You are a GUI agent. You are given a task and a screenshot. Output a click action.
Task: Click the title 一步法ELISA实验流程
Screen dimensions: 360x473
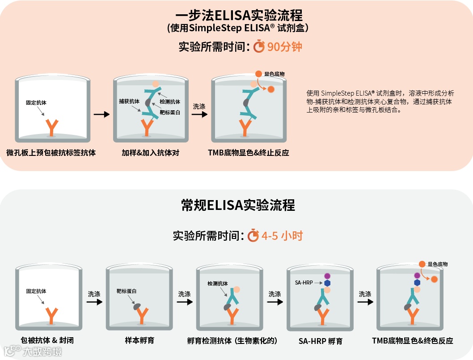pos(236,16)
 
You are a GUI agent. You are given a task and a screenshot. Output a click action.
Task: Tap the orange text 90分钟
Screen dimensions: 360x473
pos(285,46)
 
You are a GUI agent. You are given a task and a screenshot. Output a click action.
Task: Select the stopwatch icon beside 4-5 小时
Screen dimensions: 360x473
pos(253,235)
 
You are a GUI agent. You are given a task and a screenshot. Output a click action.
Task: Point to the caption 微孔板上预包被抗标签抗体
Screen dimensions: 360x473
pos(51,153)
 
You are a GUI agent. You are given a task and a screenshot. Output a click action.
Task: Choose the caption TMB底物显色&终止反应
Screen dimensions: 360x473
pos(249,153)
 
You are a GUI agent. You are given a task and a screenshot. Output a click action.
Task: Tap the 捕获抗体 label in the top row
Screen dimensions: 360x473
pos(129,101)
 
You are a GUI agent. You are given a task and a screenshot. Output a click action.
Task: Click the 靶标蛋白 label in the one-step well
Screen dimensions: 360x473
pos(170,113)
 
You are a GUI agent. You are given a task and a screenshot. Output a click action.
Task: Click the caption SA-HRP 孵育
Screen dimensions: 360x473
pos(321,341)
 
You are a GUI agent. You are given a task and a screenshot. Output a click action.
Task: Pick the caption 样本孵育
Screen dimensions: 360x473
pos(140,341)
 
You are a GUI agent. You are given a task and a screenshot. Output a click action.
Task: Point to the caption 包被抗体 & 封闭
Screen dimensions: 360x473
pos(47,341)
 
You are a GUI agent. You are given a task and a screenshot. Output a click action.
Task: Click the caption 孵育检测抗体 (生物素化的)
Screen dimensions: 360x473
pos(232,341)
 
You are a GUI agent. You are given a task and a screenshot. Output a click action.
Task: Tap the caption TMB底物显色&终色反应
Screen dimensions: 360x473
pos(412,341)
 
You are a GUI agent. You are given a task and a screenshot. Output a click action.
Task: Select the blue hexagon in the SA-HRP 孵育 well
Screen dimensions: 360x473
pos(327,283)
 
